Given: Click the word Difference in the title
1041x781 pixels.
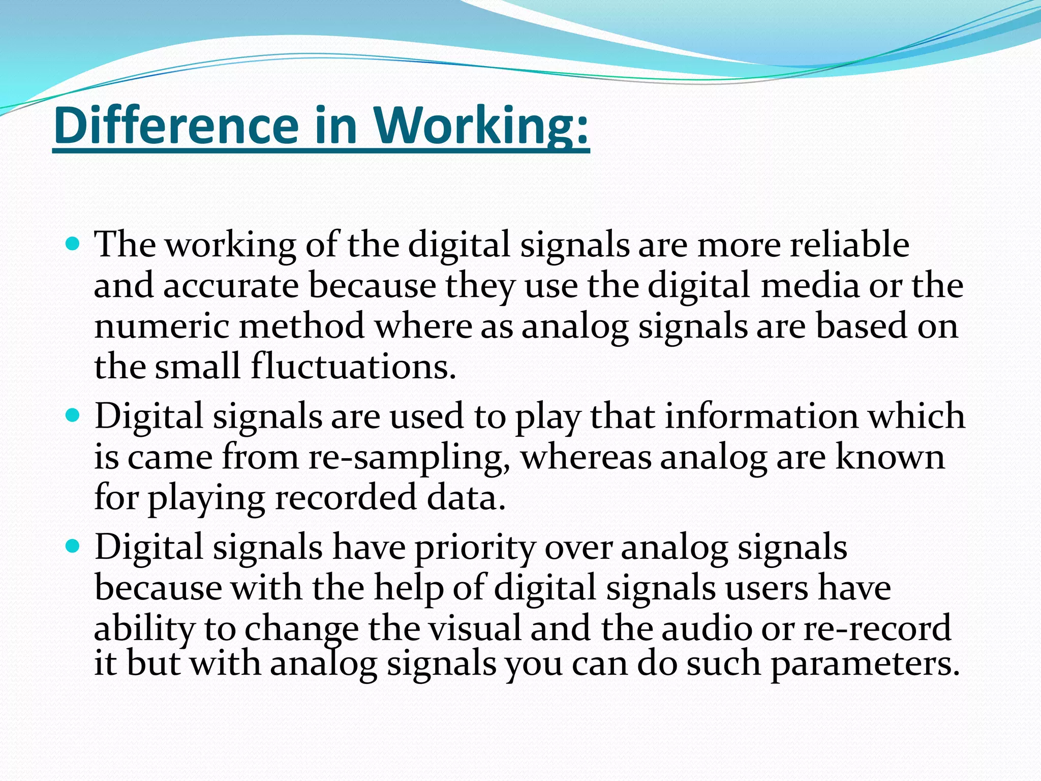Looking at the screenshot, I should pos(176,126).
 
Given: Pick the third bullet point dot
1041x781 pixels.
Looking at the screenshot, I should pos(73,547).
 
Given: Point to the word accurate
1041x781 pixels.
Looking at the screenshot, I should pos(231,286).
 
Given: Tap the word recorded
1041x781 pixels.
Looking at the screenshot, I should pos(346,498).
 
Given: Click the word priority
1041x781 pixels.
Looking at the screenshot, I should pos(475,548).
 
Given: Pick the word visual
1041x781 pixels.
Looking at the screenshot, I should pos(475,628).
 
